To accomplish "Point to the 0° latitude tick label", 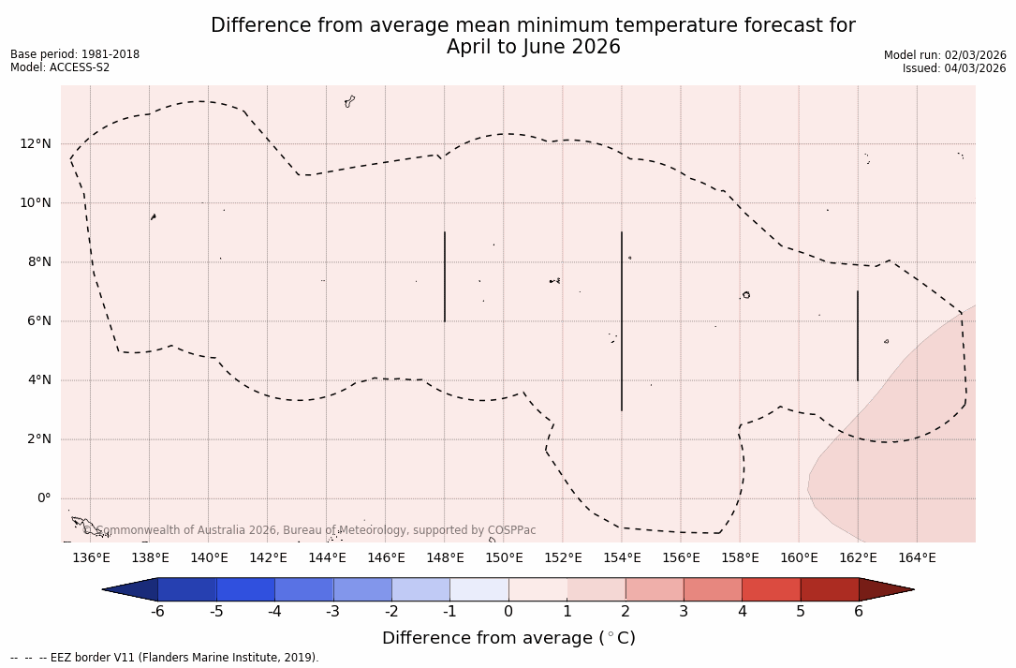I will [43, 498].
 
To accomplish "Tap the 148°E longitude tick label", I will [445, 558].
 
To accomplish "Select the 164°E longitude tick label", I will [917, 558].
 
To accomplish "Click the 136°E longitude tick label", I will [91, 558].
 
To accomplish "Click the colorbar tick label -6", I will [157, 612].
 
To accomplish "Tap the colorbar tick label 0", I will [508, 612].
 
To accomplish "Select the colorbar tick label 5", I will [801, 612].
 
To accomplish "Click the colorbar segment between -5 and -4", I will [245, 589].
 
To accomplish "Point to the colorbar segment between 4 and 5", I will [771, 589].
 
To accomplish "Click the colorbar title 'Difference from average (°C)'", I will [508, 638].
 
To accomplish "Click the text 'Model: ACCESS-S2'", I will [60, 67].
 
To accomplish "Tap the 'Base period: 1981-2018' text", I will [75, 54].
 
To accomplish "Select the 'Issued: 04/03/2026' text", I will [954, 68].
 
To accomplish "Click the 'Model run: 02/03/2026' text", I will [945, 55].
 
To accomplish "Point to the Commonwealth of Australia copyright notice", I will [310, 530].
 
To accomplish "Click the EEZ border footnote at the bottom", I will [165, 658].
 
